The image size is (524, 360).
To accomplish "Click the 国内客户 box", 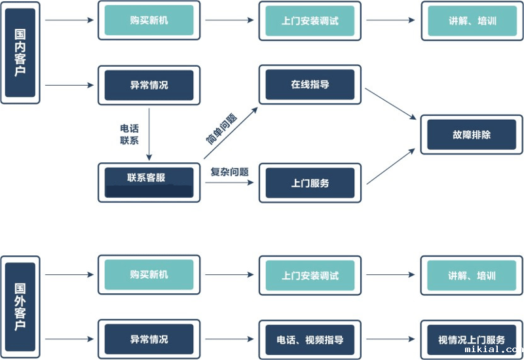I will point(20,52).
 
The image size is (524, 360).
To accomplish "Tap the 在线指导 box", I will point(310,84).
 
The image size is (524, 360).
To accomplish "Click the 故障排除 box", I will point(472,135).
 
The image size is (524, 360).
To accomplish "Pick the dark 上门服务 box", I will point(310,183).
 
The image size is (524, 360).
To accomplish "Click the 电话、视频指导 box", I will point(310,340).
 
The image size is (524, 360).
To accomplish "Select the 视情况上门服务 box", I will point(472,340).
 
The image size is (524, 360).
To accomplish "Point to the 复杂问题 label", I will point(229,172).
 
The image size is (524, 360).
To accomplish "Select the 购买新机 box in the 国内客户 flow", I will point(149,20).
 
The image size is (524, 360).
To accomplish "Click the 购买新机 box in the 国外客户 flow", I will point(149,275).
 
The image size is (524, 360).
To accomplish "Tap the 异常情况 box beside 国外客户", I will point(149,340).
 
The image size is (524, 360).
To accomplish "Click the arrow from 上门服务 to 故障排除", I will point(390,166).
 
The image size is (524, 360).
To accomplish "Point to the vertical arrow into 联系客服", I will point(149,134).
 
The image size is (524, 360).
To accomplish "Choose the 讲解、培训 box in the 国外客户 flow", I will point(472,276).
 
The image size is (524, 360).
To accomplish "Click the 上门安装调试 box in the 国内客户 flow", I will point(310,20).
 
